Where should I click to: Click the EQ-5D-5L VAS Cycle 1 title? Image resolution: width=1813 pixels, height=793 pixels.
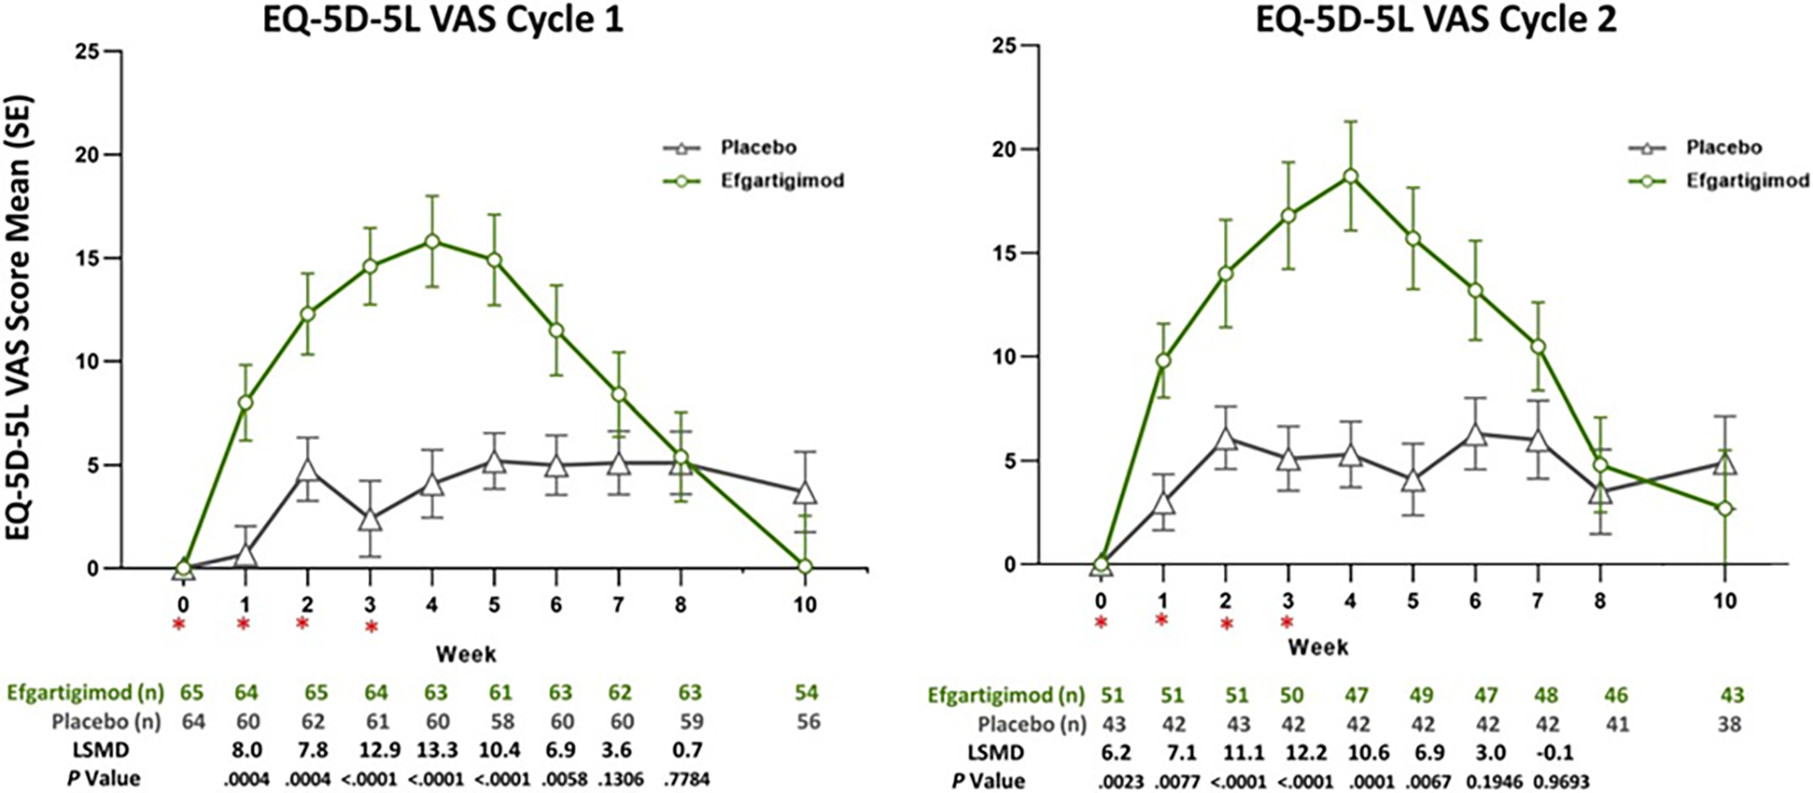pyautogui.click(x=442, y=19)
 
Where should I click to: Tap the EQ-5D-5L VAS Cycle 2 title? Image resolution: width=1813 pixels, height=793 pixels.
pyautogui.click(x=1436, y=19)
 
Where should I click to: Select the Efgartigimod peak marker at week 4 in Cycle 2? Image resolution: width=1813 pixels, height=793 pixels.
pyautogui.click(x=1350, y=176)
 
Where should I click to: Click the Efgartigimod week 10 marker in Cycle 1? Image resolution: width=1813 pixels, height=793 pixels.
pyautogui.click(x=804, y=566)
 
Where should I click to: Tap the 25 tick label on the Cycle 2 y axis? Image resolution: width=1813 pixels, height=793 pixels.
pyautogui.click(x=1003, y=45)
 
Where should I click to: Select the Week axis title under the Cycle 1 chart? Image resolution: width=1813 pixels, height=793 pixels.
pyautogui.click(x=466, y=654)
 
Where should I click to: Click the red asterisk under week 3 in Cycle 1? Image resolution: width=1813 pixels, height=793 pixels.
pyautogui.click(x=371, y=628)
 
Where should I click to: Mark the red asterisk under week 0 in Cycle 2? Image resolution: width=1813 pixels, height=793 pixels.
pyautogui.click(x=1100, y=623)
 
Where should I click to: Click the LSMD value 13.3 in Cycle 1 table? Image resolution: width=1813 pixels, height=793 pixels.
pyautogui.click(x=436, y=749)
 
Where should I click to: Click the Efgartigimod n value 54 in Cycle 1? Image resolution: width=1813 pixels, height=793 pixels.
pyautogui.click(x=806, y=693)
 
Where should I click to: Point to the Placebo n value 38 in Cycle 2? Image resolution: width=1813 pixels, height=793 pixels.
pyautogui.click(x=1728, y=723)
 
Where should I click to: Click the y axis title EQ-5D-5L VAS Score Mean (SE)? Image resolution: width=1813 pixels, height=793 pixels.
pyautogui.click(x=19, y=316)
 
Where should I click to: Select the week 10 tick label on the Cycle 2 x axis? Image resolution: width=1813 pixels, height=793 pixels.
pyautogui.click(x=1725, y=601)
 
